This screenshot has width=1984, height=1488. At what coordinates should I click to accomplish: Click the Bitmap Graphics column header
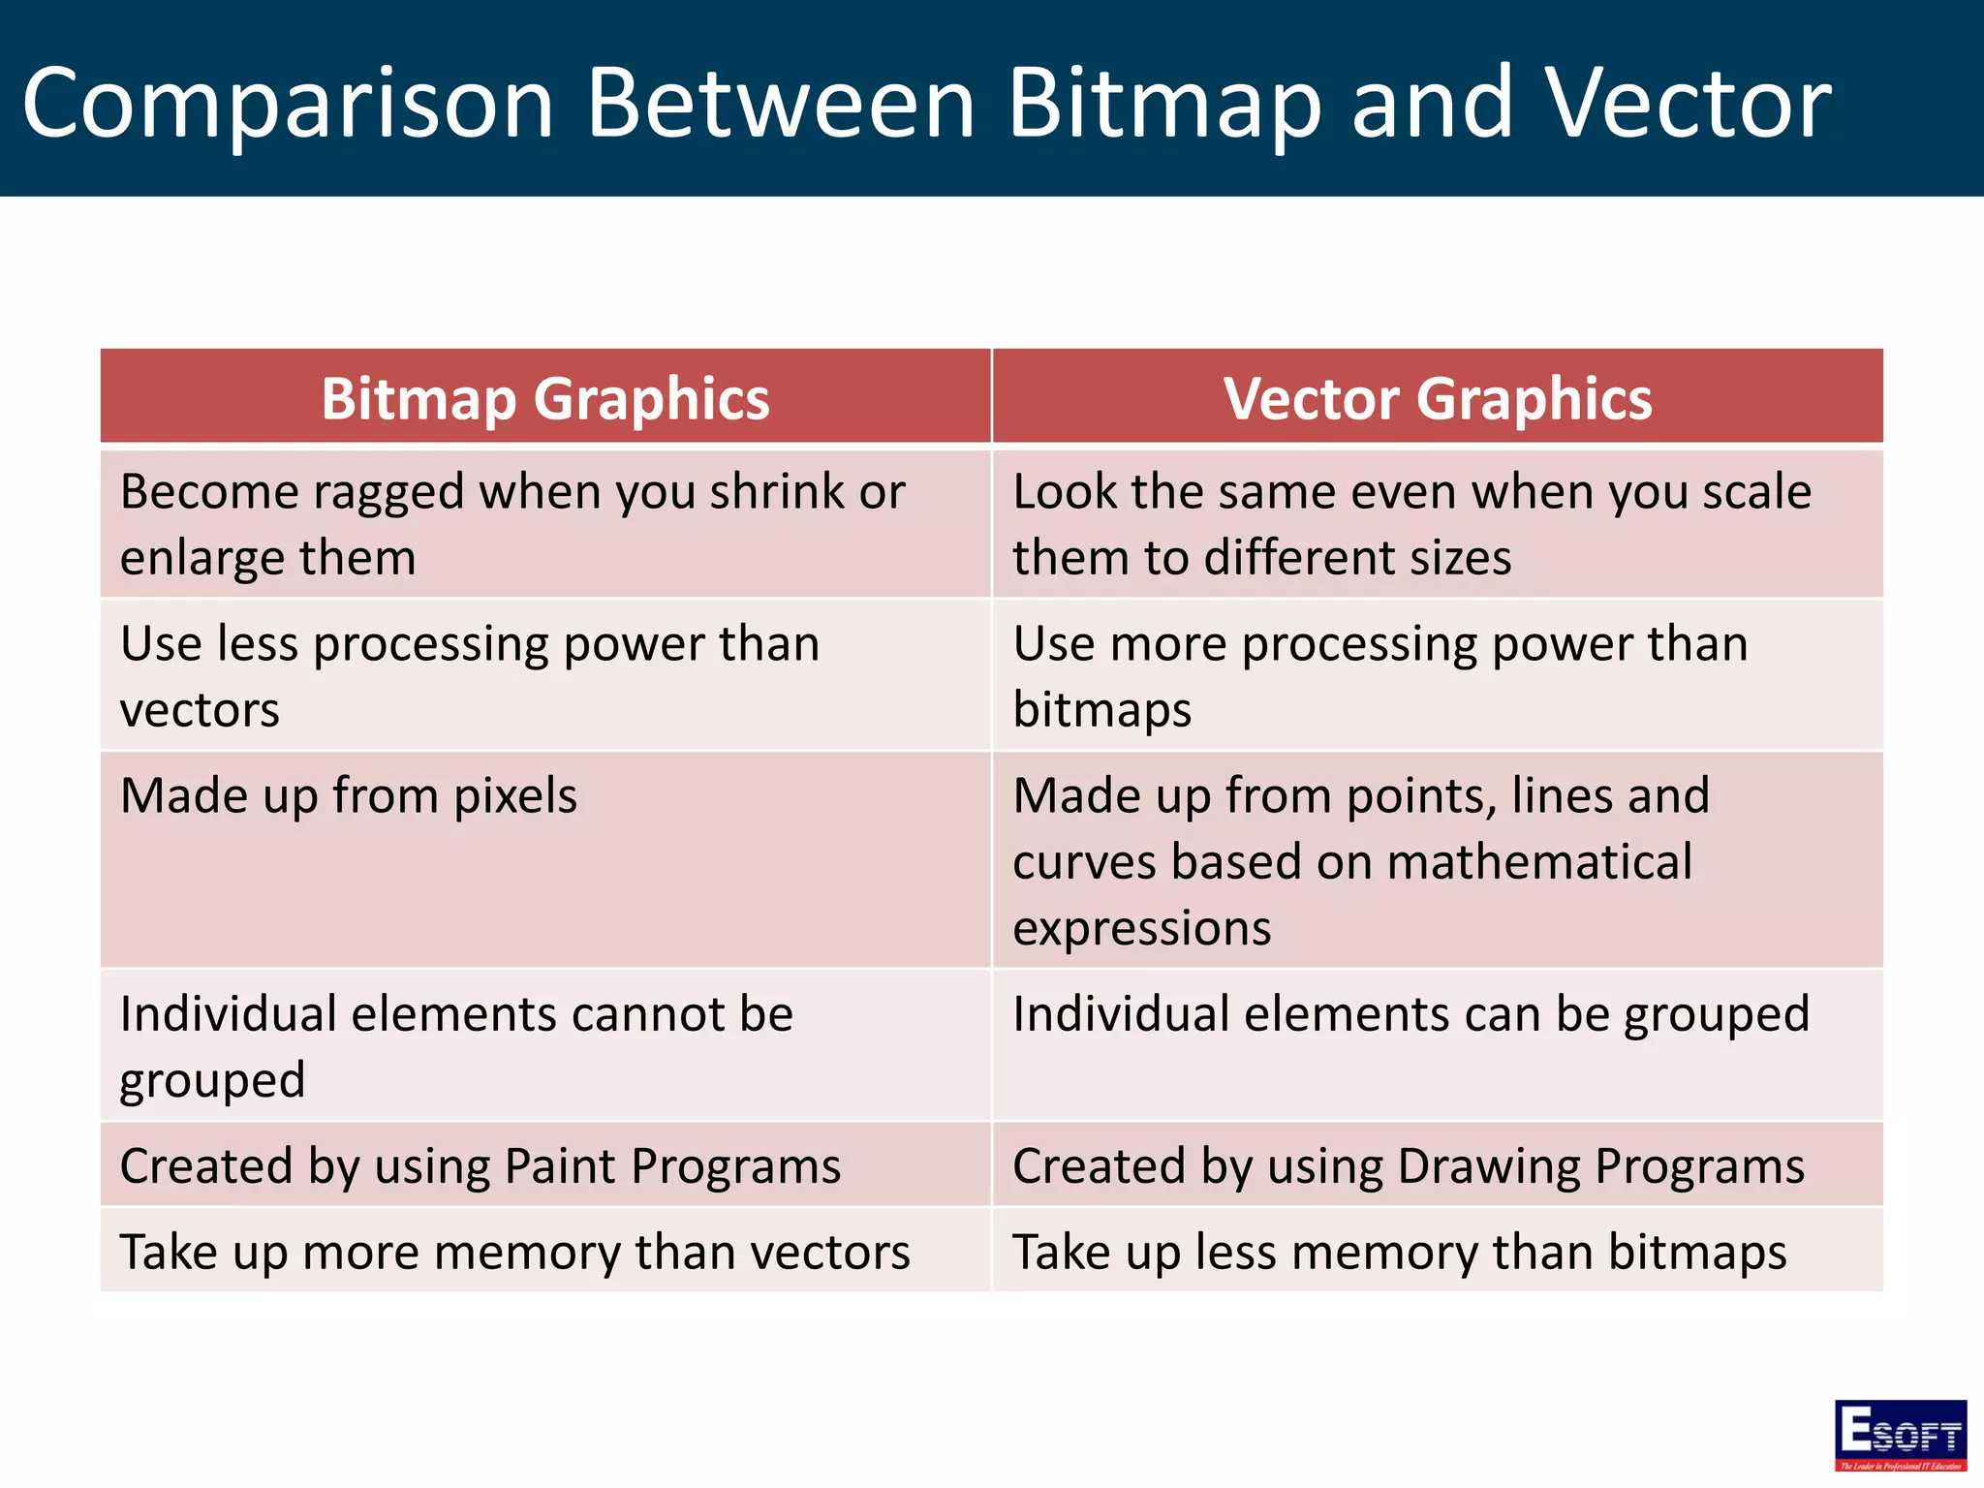[x=545, y=399]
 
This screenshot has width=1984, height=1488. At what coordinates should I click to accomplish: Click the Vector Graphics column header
[x=1438, y=399]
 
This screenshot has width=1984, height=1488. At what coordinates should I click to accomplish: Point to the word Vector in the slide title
[x=1687, y=103]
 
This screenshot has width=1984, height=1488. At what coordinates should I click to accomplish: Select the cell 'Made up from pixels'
[x=349, y=796]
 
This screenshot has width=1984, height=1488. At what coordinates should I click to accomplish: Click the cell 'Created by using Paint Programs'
[x=480, y=1165]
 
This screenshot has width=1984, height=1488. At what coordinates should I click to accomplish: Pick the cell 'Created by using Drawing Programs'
[x=1409, y=1165]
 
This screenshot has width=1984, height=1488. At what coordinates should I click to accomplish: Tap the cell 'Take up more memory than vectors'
[x=514, y=1252]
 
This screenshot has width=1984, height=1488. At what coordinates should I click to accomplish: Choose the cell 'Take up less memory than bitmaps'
[x=1400, y=1252]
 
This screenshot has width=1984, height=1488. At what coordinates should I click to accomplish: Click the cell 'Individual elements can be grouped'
[x=1410, y=1014]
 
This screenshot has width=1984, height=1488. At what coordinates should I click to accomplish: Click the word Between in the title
[x=781, y=103]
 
